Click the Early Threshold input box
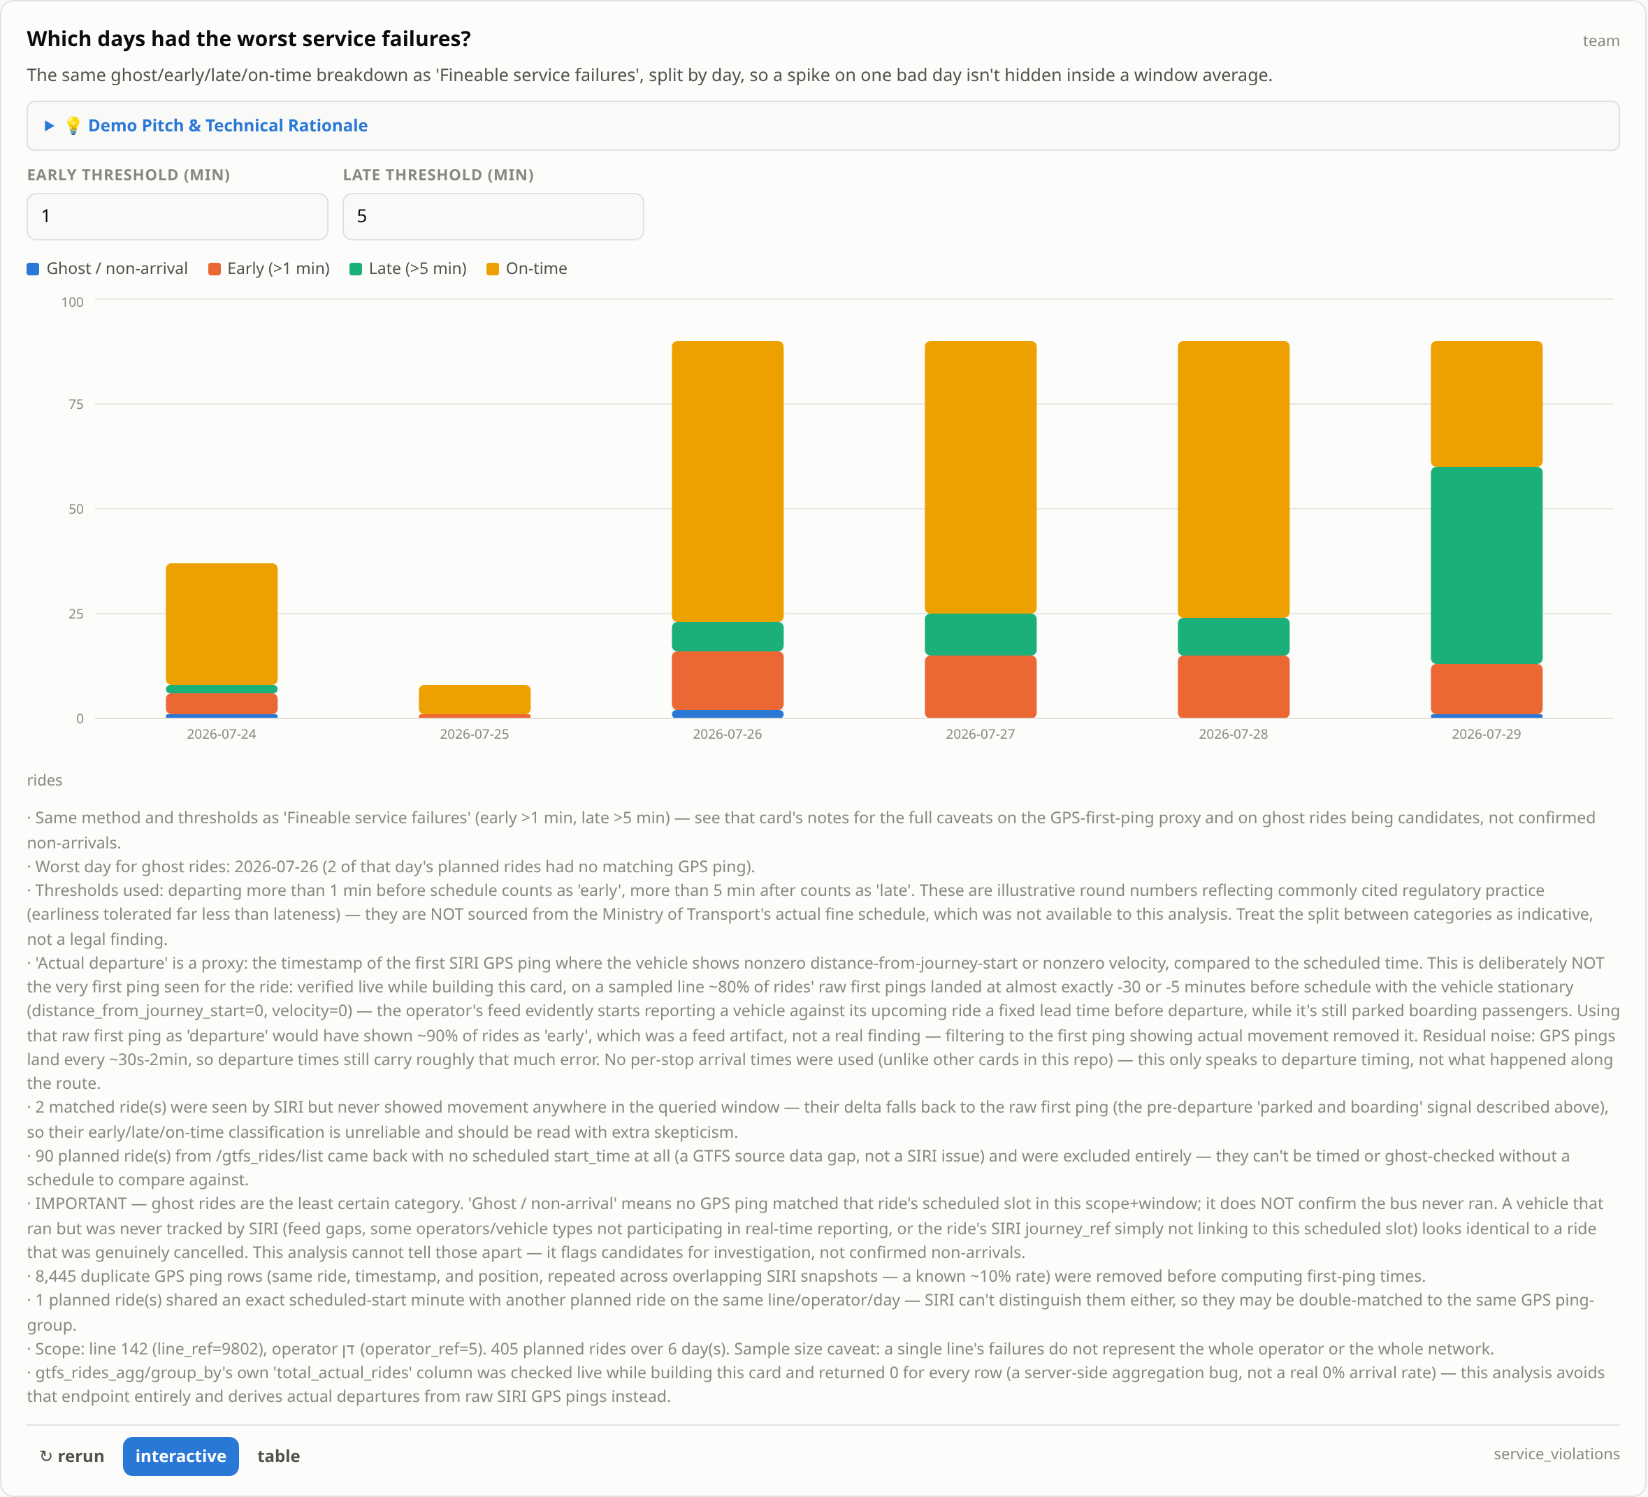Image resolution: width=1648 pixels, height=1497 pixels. (x=178, y=217)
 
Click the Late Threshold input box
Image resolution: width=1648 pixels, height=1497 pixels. (x=493, y=217)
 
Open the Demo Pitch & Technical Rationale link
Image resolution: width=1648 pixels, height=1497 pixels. (x=227, y=125)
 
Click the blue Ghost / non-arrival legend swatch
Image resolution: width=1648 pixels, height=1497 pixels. (x=34, y=269)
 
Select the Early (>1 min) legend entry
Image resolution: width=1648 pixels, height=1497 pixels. (x=269, y=269)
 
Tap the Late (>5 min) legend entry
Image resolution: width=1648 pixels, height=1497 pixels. (x=408, y=269)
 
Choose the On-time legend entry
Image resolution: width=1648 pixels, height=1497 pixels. (x=526, y=269)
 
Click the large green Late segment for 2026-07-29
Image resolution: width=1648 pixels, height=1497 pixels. (x=1486, y=565)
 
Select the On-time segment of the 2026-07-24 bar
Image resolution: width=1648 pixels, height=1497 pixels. (x=222, y=624)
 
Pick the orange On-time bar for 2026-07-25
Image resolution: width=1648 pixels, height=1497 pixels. (x=474, y=699)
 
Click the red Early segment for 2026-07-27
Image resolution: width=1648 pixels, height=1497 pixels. (x=980, y=687)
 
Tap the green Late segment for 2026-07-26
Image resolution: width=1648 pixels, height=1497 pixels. (x=728, y=637)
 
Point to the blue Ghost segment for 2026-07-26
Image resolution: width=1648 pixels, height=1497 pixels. (x=728, y=714)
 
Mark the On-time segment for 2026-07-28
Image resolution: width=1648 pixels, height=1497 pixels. (x=1234, y=479)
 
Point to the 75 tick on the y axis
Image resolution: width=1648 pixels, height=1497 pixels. (x=76, y=404)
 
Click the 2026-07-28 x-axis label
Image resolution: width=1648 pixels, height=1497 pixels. (x=1234, y=735)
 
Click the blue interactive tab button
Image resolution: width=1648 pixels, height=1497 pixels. (x=180, y=1456)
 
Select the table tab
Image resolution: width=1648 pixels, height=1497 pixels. (x=279, y=1456)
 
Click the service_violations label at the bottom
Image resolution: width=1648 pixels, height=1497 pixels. (x=1556, y=1454)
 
